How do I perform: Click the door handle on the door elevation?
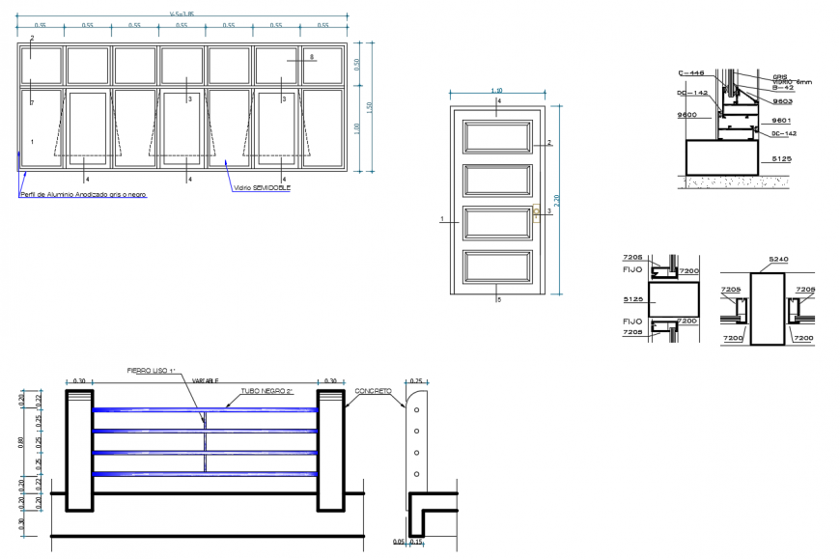click(x=536, y=212)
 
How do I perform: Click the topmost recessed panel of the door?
click(x=498, y=137)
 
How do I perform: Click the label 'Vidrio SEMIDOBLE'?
click(x=262, y=187)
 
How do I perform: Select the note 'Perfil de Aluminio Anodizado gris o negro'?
click(x=83, y=194)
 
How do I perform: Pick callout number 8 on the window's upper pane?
click(x=312, y=57)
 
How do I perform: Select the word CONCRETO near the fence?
click(x=373, y=391)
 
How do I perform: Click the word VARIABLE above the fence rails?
click(x=204, y=379)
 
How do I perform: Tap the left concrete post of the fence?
click(x=79, y=450)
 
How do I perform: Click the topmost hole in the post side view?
click(x=416, y=409)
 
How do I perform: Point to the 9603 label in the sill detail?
click(x=782, y=100)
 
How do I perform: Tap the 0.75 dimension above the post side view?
click(x=417, y=380)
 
